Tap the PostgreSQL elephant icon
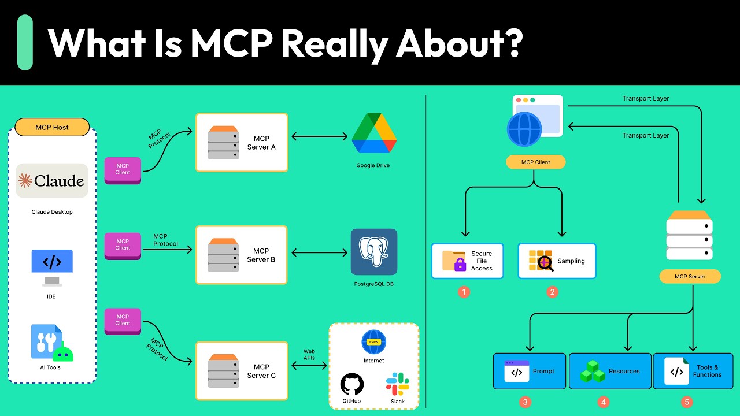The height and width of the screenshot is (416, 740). [x=373, y=252]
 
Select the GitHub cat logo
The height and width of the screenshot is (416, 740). [x=352, y=384]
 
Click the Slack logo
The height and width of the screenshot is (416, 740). [x=397, y=384]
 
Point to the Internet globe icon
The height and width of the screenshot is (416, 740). [x=373, y=342]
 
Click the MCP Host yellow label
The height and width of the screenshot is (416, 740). [x=52, y=127]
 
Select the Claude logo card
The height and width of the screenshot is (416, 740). [x=52, y=181]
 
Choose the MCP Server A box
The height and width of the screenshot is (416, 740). [x=242, y=143]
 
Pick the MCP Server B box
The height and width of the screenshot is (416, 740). [x=242, y=255]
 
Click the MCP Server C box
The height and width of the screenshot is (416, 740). [x=242, y=371]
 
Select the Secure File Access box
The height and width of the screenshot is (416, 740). [x=467, y=261]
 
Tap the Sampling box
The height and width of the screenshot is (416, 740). [x=556, y=261]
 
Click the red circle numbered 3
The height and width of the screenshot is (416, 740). [x=525, y=402]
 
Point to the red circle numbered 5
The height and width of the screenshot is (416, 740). [x=687, y=402]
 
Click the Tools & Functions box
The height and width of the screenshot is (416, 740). [x=693, y=371]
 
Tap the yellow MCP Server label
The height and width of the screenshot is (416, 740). [x=690, y=277]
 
